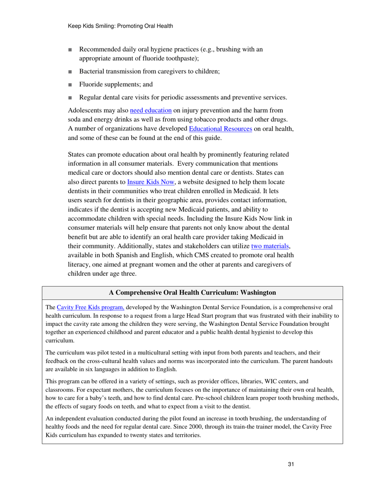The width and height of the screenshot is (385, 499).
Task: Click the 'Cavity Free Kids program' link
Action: tap(90, 307)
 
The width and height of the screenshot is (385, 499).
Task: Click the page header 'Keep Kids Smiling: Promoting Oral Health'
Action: tap(120, 26)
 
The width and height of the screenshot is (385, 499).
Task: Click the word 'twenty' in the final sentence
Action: tap(141, 436)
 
